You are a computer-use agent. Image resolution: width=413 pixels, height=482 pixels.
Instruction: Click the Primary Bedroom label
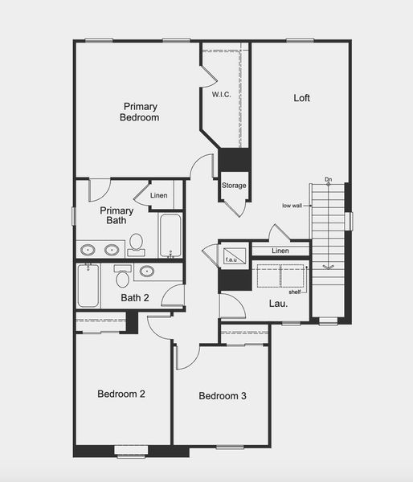click(140, 112)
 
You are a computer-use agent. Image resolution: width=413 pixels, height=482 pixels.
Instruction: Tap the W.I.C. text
click(223, 94)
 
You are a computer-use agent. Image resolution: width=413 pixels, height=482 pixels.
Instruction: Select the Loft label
click(301, 98)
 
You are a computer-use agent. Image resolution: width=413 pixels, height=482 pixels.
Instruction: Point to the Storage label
click(234, 186)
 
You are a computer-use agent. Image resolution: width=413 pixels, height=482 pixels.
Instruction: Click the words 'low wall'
click(292, 206)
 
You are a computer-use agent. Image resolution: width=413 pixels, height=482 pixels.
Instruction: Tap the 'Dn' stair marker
click(328, 179)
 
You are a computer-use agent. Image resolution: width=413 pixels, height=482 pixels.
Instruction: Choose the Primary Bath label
click(112, 215)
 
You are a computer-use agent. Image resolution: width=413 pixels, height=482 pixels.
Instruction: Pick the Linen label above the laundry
click(280, 251)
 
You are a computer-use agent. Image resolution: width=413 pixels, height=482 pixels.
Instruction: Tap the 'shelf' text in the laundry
click(294, 292)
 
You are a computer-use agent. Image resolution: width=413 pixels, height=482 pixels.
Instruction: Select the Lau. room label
click(277, 304)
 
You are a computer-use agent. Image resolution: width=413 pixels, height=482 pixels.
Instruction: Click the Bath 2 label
click(135, 298)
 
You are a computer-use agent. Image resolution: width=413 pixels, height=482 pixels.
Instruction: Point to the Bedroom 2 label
click(121, 394)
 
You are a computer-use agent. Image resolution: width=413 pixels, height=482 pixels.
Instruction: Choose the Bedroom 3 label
click(223, 396)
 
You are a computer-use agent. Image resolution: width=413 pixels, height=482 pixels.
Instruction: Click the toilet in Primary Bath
click(136, 243)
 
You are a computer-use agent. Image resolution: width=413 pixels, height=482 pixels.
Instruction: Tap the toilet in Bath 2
click(122, 277)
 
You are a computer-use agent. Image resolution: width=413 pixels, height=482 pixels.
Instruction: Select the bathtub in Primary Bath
click(170, 235)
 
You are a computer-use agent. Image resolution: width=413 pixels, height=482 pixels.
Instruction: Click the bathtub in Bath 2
click(88, 285)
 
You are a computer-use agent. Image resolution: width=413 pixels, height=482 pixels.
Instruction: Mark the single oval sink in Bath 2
click(147, 271)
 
